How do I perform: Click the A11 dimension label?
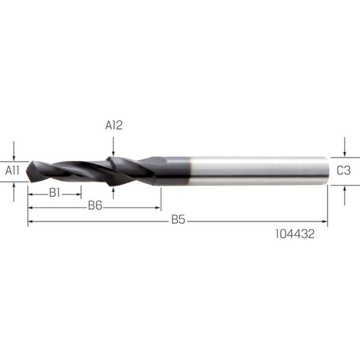(x=13, y=170)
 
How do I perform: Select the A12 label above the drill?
(x=114, y=125)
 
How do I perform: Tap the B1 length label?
(x=55, y=193)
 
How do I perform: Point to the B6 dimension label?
(x=95, y=205)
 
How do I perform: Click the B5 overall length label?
(x=178, y=220)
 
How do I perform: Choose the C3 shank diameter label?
(x=344, y=170)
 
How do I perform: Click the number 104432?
(x=295, y=234)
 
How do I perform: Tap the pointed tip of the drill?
(x=27, y=171)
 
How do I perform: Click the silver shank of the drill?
(x=258, y=171)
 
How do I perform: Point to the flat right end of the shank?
(x=327, y=171)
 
